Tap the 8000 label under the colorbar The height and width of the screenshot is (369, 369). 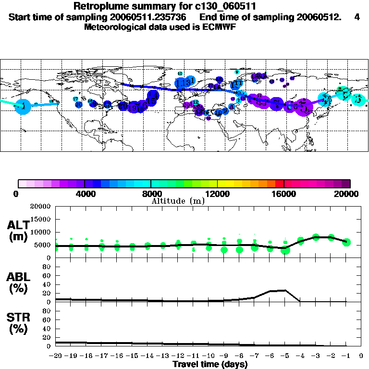[x=151, y=194]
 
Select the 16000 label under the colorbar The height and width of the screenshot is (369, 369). [x=283, y=194]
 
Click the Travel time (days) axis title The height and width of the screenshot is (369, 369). [x=210, y=365]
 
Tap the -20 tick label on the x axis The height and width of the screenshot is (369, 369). [x=56, y=356]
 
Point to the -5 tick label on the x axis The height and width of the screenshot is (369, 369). [x=285, y=356]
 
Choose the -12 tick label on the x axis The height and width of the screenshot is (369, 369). [x=178, y=356]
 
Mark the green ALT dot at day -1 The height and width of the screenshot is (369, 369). [x=346, y=242]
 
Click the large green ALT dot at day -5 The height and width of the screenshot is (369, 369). [x=285, y=250]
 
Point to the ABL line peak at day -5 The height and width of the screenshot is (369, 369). [x=285, y=290]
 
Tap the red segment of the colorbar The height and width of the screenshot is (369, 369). [x=279, y=184]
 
